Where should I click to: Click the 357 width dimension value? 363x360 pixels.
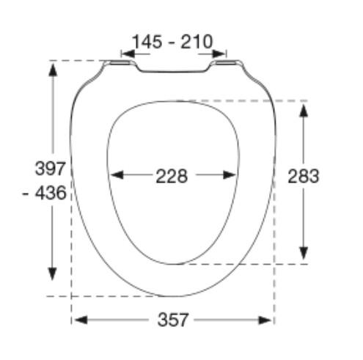click(x=172, y=320)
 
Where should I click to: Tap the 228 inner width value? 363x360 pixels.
click(x=171, y=176)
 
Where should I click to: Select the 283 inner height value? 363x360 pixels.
click(x=304, y=176)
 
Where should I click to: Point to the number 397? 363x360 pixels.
click(x=51, y=168)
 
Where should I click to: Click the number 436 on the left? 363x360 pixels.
click(x=55, y=194)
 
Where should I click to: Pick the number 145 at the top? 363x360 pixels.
click(x=147, y=42)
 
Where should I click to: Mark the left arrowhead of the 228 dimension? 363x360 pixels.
click(x=115, y=175)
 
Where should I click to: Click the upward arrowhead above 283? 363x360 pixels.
click(x=304, y=109)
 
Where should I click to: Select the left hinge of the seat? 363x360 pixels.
click(x=117, y=65)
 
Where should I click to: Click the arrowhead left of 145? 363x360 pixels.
click(x=125, y=54)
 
